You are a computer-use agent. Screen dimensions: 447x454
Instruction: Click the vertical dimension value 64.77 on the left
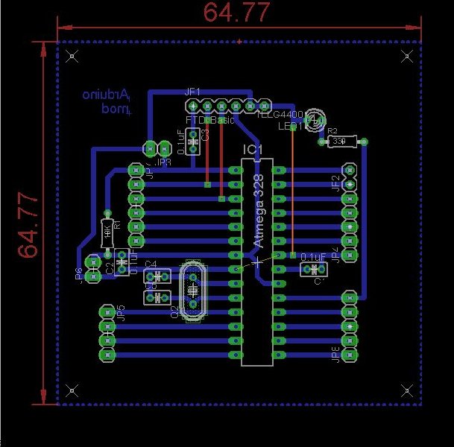tap(28, 224)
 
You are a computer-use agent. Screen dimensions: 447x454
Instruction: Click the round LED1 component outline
tap(316, 118)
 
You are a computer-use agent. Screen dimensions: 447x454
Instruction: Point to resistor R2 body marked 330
tap(339, 140)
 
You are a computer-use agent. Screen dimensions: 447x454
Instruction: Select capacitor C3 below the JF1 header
tap(194, 139)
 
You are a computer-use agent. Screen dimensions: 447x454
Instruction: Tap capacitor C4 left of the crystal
tap(157, 276)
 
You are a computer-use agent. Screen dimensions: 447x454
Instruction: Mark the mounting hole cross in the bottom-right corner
tap(406, 390)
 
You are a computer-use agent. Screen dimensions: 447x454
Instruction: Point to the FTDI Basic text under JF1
tap(209, 120)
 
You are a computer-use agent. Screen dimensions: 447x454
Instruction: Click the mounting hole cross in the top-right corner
tap(406, 55)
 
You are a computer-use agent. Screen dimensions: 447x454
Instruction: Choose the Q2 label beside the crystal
tap(175, 311)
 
